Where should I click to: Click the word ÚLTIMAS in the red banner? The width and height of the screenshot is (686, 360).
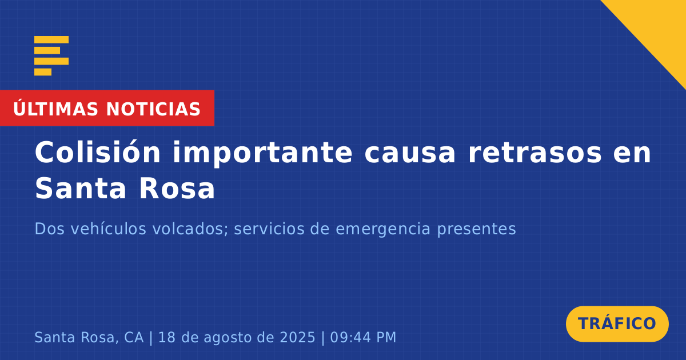(x=55, y=109)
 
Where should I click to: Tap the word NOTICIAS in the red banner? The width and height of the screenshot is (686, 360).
(x=153, y=109)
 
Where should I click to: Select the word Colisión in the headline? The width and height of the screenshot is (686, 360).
(x=98, y=153)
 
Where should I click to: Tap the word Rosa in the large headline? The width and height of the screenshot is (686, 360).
(x=177, y=189)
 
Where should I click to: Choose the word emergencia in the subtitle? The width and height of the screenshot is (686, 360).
(x=383, y=230)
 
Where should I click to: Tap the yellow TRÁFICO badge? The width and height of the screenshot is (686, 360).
(x=617, y=324)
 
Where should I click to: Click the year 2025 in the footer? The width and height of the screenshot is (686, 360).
(x=297, y=337)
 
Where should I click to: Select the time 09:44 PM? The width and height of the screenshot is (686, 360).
(x=363, y=337)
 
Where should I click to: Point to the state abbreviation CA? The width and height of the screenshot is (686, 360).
(x=134, y=337)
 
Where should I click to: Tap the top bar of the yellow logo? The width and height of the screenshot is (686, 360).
(x=51, y=39)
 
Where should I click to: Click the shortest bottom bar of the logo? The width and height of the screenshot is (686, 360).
(x=43, y=72)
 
